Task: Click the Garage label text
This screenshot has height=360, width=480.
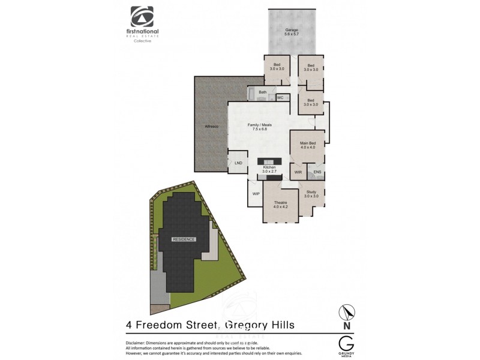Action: [x=292, y=29]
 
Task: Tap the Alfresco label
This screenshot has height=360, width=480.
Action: [x=211, y=127]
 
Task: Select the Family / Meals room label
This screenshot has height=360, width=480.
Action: [x=260, y=124]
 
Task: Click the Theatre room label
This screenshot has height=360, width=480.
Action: [x=281, y=203]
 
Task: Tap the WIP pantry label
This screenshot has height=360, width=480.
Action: [x=256, y=194]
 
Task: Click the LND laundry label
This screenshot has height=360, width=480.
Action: [x=238, y=163]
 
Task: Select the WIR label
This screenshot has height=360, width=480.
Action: [x=298, y=172]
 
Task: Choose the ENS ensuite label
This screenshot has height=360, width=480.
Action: [x=317, y=172]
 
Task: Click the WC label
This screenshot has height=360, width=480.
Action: [x=280, y=97]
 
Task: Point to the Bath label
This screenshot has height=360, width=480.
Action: [x=262, y=92]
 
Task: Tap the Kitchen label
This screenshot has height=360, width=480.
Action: [x=269, y=167]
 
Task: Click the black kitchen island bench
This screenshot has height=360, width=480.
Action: [x=269, y=161]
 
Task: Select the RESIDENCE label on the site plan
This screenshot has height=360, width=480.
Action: [x=184, y=239]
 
